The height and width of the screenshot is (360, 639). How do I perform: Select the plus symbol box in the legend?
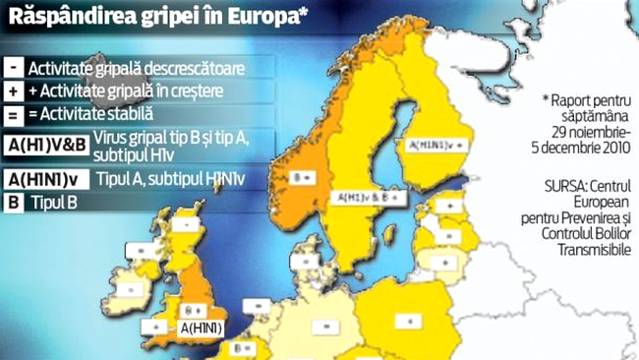(15, 91)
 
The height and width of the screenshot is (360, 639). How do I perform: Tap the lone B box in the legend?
(15, 204)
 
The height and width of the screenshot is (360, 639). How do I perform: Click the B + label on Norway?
(301, 180)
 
